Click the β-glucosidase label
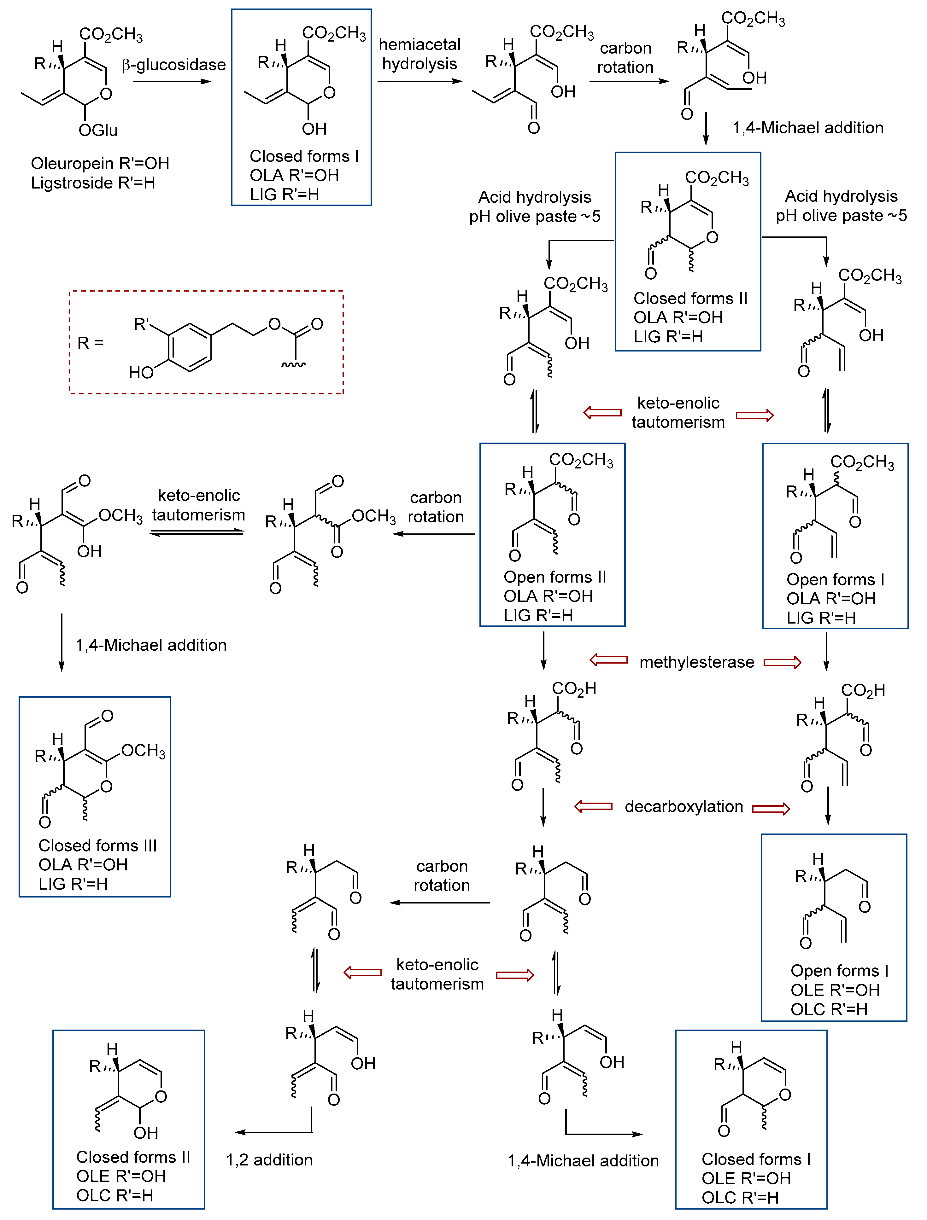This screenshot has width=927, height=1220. (174, 65)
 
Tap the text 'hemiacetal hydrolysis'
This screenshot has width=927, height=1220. (419, 54)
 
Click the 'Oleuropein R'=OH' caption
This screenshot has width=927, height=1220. (100, 163)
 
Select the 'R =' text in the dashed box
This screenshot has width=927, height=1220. (91, 343)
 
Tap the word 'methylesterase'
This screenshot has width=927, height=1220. (696, 662)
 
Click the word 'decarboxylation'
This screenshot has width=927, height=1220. (684, 806)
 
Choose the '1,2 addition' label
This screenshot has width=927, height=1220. (269, 1160)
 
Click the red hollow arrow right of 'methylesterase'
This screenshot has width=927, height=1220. (782, 662)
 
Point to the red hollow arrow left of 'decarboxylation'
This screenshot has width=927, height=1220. (593, 806)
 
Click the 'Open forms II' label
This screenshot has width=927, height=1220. (554, 577)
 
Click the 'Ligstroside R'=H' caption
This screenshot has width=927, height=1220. (93, 183)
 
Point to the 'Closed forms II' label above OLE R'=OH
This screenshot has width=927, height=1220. (133, 1157)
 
